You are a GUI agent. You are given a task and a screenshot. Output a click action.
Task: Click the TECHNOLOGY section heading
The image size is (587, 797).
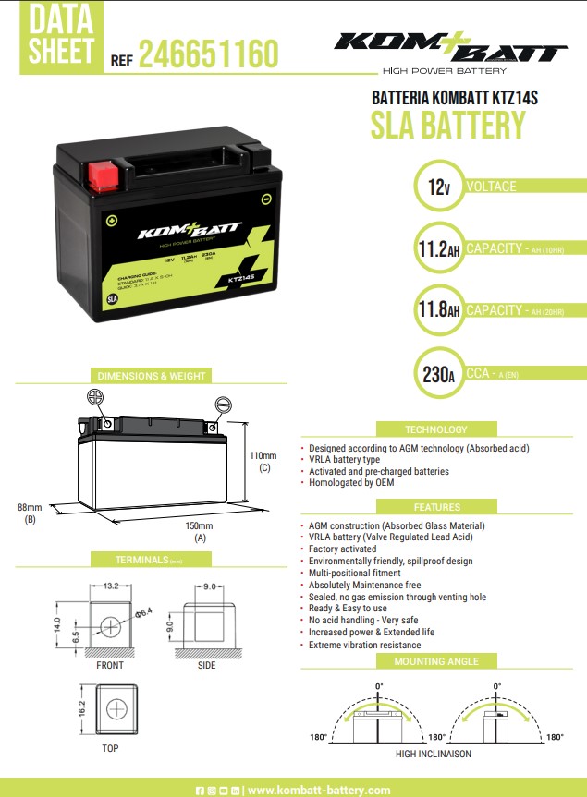(436, 429)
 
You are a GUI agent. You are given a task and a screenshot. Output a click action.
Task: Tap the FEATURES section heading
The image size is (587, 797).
(436, 507)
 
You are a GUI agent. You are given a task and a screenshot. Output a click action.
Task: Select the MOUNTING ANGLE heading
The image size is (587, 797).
(436, 661)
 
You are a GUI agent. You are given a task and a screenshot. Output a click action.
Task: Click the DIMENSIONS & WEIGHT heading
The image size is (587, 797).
(152, 376)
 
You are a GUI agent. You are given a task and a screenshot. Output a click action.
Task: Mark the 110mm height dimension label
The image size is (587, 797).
(263, 456)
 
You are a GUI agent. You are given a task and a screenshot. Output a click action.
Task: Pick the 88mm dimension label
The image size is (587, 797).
(30, 508)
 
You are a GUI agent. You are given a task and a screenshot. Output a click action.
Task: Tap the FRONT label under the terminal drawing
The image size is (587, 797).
(110, 665)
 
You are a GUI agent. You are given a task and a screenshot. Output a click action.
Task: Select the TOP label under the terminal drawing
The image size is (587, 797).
(110, 748)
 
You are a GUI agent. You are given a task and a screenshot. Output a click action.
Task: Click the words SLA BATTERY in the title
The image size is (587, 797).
(447, 125)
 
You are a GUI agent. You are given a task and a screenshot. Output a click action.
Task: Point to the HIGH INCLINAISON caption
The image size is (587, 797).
(433, 754)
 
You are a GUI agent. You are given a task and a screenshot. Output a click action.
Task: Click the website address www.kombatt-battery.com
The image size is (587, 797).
(319, 790)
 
